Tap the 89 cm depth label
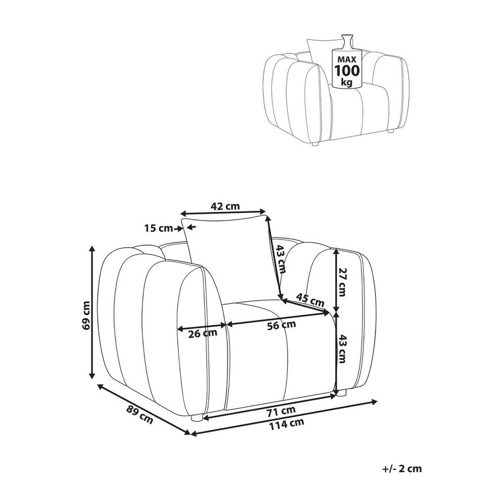(140, 414)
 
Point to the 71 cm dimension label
(281, 411)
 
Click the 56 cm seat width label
(281, 325)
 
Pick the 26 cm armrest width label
(202, 333)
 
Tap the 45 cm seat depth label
(310, 300)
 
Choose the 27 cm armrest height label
(342, 282)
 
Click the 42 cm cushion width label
(225, 206)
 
